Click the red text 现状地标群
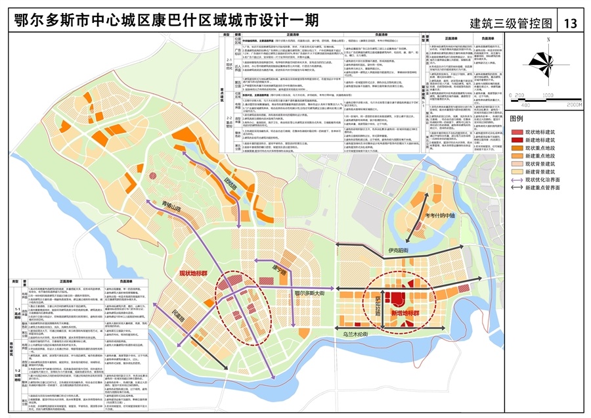[196, 272]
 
